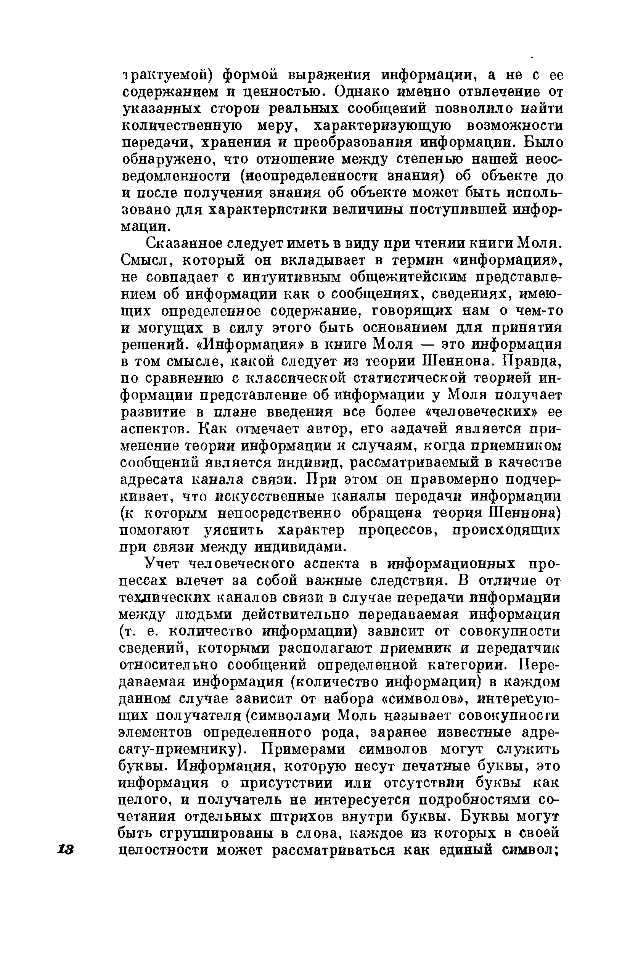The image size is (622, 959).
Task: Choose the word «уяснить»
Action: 234,530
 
